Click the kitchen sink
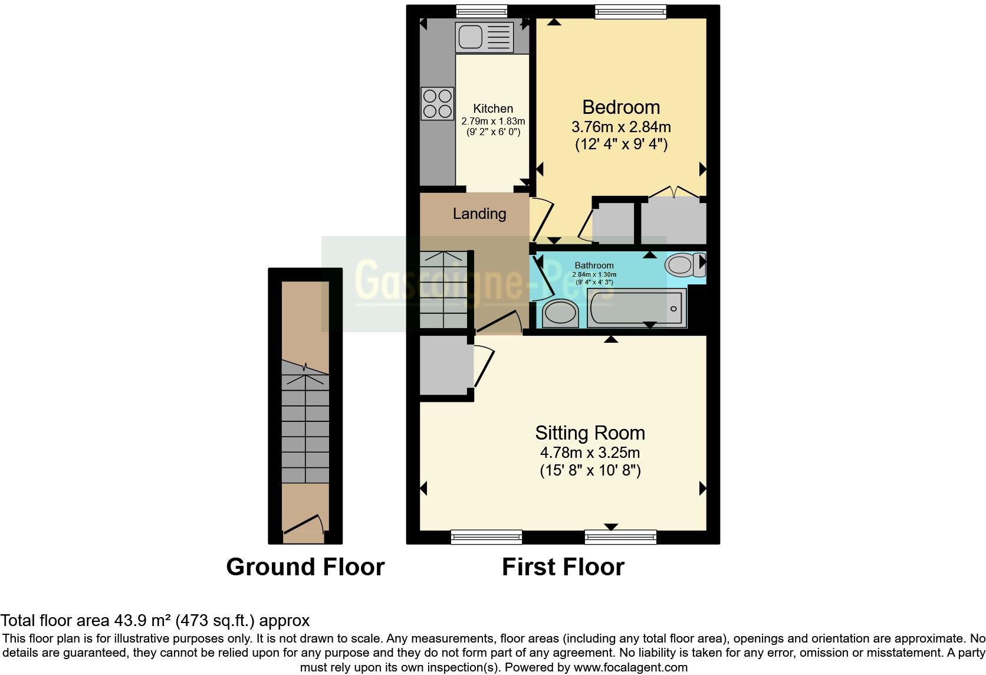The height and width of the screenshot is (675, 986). coord(484,37)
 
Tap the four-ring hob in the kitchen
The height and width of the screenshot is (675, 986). coord(437,103)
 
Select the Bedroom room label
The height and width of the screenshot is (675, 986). coord(621,107)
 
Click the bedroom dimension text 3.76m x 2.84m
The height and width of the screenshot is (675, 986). coord(621,127)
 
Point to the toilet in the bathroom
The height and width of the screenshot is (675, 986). coord(684,265)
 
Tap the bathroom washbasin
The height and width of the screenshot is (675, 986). coord(560,313)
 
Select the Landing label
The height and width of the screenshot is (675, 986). coord(479,214)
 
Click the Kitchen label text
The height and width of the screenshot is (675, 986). coord(493,109)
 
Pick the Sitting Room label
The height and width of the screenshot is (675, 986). coord(590,433)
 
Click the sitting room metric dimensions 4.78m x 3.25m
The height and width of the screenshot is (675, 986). coord(590,453)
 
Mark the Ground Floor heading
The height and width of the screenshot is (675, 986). coord(305,567)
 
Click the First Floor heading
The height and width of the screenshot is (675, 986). coord(563,567)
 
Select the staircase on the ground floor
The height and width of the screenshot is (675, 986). coord(305,425)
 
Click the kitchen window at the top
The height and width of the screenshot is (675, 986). coord(482,10)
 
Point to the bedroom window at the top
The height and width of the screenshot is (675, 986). coord(630,10)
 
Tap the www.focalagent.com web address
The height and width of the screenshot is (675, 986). coord(630,668)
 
